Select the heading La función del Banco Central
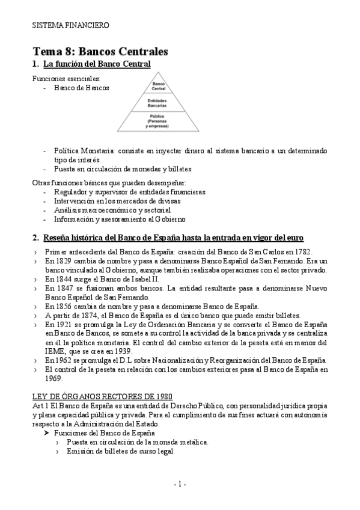point(96,63)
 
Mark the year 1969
point(53,379)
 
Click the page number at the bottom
point(180,484)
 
